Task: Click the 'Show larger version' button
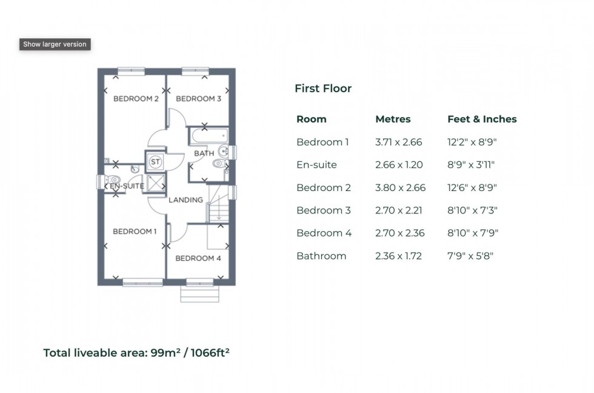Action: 55,44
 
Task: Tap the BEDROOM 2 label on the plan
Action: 136,99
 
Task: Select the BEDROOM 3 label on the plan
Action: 198,99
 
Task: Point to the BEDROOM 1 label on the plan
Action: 135,231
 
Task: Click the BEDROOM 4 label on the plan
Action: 198,258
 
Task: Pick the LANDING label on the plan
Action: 185,200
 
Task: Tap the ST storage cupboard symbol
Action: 155,161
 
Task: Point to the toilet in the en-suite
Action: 112,180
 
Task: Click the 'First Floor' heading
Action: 323,89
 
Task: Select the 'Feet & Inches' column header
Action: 482,119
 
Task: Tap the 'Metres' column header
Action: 393,119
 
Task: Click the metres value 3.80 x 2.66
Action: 400,188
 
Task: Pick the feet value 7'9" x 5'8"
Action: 470,256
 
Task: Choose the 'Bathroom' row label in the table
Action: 321,256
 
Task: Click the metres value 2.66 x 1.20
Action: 399,165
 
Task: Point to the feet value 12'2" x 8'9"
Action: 472,143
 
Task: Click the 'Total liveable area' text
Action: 136,352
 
